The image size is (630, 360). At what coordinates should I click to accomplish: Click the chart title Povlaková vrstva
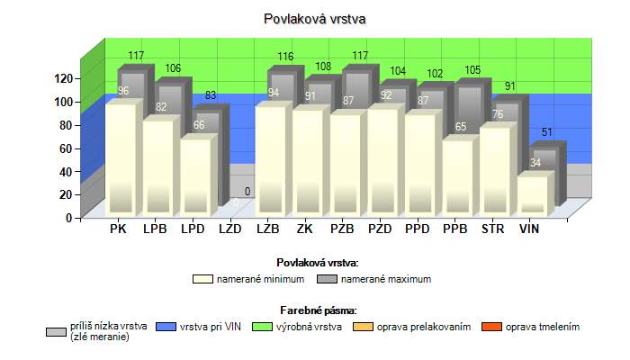point(315,18)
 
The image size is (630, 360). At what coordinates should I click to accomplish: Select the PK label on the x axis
point(118,229)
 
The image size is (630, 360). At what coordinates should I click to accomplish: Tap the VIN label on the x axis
point(530,229)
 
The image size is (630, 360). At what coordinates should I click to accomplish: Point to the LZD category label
point(230,229)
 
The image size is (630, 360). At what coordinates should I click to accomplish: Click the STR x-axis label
point(492,229)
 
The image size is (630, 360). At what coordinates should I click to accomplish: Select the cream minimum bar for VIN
point(531,195)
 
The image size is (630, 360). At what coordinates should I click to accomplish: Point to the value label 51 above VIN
point(547,133)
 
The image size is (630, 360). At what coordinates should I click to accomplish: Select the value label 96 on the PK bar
point(123,91)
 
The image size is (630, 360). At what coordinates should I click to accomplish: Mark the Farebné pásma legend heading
point(315,309)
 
